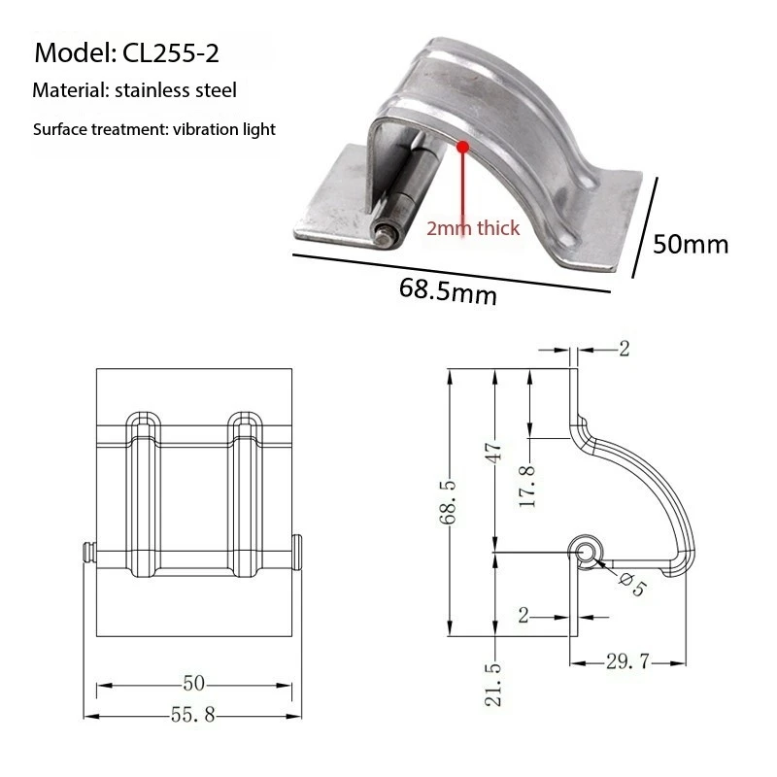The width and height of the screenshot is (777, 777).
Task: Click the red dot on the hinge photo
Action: [x=462, y=148]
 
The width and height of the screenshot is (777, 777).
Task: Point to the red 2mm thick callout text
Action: [x=473, y=229]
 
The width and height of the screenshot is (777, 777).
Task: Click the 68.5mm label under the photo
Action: [x=448, y=290]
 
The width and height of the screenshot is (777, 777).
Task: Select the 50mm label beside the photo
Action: [x=690, y=243]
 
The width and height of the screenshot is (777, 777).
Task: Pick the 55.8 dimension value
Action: [x=193, y=715]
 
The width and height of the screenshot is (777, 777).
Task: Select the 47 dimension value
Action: [x=494, y=453]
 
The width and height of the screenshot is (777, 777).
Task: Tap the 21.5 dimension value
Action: [x=494, y=684]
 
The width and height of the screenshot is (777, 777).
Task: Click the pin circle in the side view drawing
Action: [x=587, y=552]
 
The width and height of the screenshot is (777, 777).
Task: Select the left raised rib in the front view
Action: [x=144, y=495]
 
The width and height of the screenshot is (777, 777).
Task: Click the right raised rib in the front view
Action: [x=245, y=495]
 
